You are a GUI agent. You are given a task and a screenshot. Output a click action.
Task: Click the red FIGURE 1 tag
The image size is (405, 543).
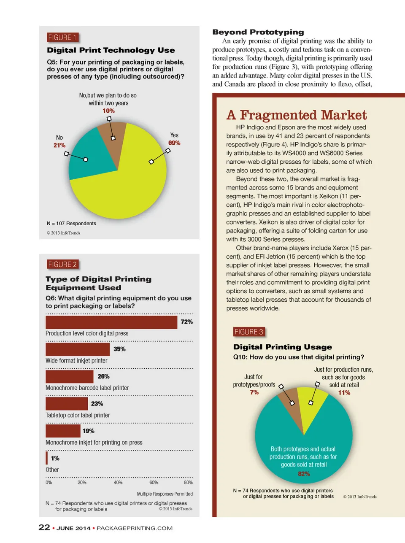coord(62,38)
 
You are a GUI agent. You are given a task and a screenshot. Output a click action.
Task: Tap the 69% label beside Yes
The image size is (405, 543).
coord(174,143)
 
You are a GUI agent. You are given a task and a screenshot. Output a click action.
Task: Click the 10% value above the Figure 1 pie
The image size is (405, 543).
coord(108,111)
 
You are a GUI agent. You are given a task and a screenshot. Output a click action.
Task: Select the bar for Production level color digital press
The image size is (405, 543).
coord(111,322)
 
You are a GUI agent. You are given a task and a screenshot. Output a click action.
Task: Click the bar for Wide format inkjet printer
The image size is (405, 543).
coord(78,349)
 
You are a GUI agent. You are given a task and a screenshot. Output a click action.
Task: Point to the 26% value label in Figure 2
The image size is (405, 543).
coord(103,376)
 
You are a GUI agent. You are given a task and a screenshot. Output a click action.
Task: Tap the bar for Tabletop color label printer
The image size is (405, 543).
coord(67,404)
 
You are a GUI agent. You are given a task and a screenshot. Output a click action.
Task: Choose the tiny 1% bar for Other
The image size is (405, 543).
coord(47,458)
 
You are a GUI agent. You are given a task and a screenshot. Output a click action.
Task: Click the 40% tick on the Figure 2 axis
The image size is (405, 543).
coord(118,482)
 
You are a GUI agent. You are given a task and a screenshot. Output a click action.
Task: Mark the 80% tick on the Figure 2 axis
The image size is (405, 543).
coord(188,482)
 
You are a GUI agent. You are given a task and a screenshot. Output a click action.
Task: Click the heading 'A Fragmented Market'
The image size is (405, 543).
coord(297,115)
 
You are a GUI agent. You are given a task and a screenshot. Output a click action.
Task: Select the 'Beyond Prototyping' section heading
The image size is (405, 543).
coord(258,32)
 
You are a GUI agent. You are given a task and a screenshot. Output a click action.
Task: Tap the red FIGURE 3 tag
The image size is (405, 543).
coord(248,332)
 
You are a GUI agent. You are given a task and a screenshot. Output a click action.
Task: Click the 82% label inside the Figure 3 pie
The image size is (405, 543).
coord(304,474)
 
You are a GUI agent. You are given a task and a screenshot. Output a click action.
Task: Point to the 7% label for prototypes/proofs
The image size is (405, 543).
coord(254,392)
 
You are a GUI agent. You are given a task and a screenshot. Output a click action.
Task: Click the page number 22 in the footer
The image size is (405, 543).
coord(44,527)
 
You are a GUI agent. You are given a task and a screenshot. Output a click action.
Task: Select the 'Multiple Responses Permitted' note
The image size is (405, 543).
coord(165,494)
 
